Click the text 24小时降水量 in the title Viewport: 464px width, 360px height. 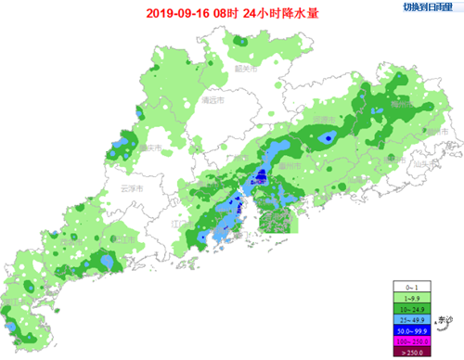coord(269,14)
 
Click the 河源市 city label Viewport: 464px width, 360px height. coord(322,121)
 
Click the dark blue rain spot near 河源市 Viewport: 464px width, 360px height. coord(326,138)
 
